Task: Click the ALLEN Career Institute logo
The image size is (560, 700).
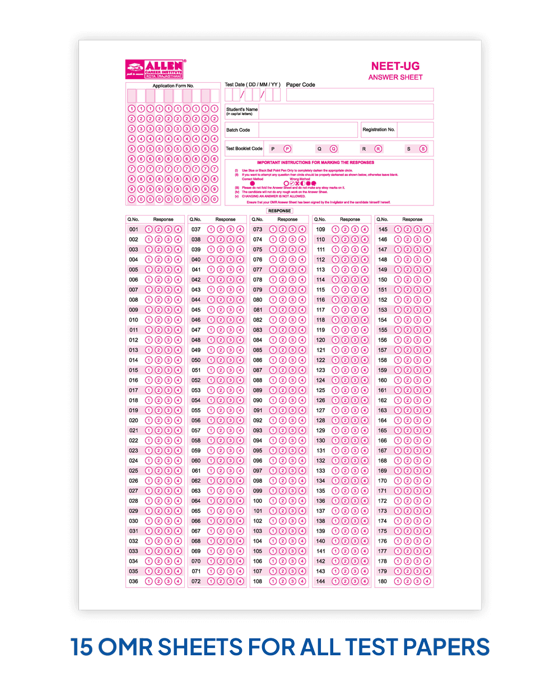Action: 155,69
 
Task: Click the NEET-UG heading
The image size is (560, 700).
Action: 395,66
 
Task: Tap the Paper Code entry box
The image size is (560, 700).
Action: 360,95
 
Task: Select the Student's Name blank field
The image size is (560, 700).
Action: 346,111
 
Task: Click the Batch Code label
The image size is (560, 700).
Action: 238,130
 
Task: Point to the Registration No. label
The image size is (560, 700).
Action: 379,130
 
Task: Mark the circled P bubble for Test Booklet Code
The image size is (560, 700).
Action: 287,149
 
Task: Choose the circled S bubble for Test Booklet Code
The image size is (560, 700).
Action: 423,149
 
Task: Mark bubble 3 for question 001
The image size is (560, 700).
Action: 168,230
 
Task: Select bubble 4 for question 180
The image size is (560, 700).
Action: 427,581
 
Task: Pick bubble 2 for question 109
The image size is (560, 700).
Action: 345,230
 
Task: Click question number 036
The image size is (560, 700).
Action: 133,581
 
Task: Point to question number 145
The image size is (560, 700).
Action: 382,230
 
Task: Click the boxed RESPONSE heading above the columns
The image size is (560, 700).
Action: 279,211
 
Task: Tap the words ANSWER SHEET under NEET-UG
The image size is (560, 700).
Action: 395,77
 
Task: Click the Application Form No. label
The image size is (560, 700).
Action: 173,86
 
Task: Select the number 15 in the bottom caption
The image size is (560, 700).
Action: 81,647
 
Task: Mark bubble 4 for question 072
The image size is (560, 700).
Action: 240,581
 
